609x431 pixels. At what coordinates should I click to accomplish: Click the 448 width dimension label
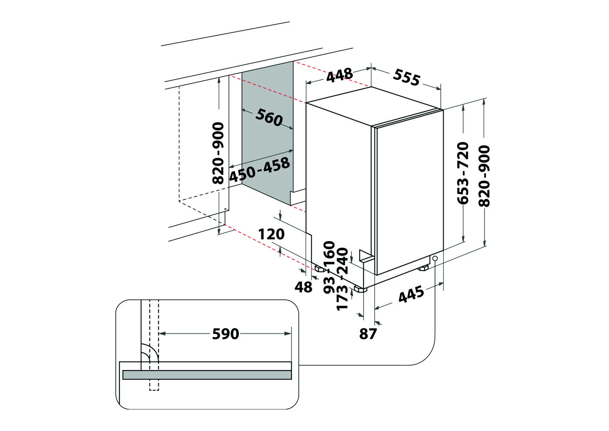click(340, 75)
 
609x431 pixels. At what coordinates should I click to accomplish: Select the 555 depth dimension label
click(407, 77)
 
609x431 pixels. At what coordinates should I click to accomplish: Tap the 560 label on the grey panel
click(269, 117)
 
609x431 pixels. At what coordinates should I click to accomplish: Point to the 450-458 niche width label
click(259, 170)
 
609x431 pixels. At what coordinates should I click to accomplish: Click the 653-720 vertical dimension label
click(463, 173)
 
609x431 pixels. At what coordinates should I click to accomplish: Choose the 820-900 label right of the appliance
click(484, 176)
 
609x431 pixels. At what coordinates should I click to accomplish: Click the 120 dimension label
click(271, 234)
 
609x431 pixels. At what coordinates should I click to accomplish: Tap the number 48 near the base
click(303, 287)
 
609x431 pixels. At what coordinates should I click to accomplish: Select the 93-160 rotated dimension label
click(329, 267)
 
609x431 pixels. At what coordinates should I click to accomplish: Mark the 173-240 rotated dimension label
click(343, 279)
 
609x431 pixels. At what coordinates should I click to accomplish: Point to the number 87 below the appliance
click(368, 333)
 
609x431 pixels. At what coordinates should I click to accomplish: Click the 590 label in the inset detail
click(225, 333)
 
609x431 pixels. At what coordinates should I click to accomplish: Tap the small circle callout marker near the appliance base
click(435, 258)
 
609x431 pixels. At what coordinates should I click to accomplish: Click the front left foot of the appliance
click(360, 289)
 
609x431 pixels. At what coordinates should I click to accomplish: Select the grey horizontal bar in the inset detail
click(207, 375)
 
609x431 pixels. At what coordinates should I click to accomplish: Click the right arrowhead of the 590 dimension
click(288, 333)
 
